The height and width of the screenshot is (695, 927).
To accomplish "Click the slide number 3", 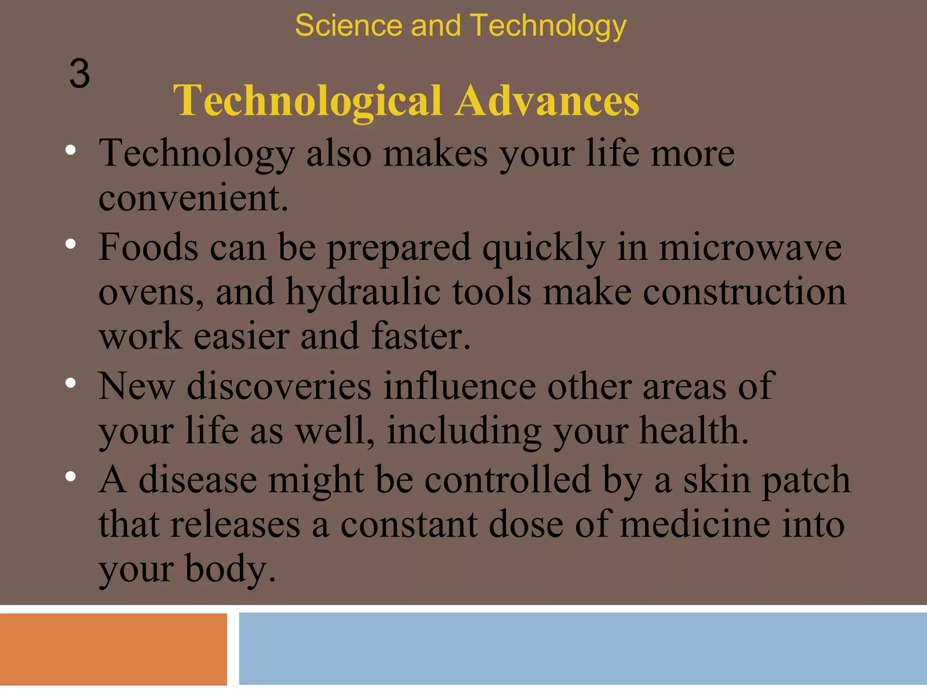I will pos(80,74).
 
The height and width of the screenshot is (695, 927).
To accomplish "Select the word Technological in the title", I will pos(307,100).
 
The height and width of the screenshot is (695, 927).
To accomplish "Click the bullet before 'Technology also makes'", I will pos(70,150).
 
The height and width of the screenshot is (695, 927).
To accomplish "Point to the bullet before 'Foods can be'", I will pos(70,244).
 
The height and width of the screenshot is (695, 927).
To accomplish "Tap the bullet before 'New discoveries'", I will pos(70,383).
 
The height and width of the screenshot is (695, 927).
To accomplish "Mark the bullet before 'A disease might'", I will pos(70,476).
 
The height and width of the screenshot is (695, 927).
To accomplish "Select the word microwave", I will pos(750,248).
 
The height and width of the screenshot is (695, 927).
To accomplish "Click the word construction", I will pos(744,292).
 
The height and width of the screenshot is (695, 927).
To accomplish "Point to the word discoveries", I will pos(279,386).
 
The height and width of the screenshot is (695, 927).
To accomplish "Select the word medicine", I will pos(695,524).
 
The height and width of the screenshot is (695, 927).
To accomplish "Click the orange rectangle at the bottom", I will pos(113,649).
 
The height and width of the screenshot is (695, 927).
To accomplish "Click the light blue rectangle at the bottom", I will pos(583,649).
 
